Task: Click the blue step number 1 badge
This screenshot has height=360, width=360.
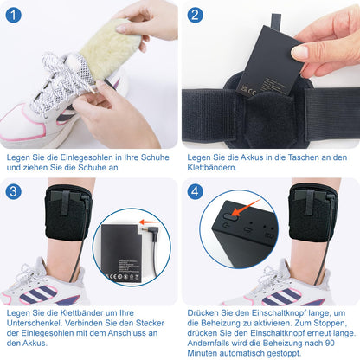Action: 13,15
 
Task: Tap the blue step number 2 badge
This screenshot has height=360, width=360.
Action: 195,15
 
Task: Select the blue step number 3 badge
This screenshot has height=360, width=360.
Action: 13,191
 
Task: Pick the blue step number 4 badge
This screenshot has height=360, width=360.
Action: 195,191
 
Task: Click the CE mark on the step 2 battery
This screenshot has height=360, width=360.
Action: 252,93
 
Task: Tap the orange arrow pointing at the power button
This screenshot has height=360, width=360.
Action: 245,208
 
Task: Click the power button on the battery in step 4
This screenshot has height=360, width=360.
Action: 230,216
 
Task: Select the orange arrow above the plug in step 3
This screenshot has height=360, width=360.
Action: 149,222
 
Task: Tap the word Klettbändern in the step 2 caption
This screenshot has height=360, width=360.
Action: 212,167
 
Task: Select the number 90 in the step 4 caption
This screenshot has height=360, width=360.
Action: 330,343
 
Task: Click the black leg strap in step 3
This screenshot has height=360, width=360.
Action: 68,213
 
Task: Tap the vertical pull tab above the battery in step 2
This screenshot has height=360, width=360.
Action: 276,22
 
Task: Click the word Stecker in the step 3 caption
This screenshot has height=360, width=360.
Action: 150,323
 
